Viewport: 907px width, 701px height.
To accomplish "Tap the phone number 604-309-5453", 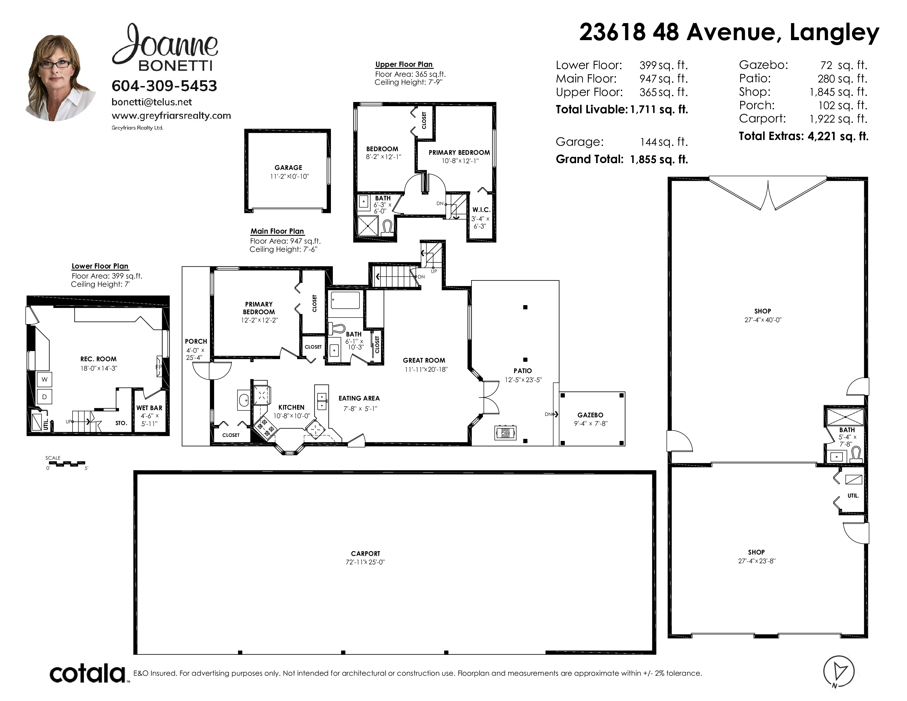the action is (164, 86).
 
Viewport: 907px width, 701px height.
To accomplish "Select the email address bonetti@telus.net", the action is (152, 102).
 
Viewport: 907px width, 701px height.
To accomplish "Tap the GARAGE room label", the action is (288, 168).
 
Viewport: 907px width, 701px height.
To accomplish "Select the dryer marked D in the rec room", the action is (45, 397).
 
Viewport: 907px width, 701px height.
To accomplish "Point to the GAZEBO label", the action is (590, 415).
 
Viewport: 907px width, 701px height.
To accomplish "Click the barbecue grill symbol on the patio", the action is (505, 433).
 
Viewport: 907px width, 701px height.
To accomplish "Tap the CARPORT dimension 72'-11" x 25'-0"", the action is (366, 562).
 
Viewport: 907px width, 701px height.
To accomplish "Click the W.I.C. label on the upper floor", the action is (481, 210).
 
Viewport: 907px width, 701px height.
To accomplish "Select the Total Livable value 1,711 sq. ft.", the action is (659, 110).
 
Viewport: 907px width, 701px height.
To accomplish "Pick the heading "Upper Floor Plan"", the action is (404, 64).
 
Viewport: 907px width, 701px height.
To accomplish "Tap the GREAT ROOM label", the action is (424, 360).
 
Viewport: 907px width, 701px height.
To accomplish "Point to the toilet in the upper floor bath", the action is (388, 228).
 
